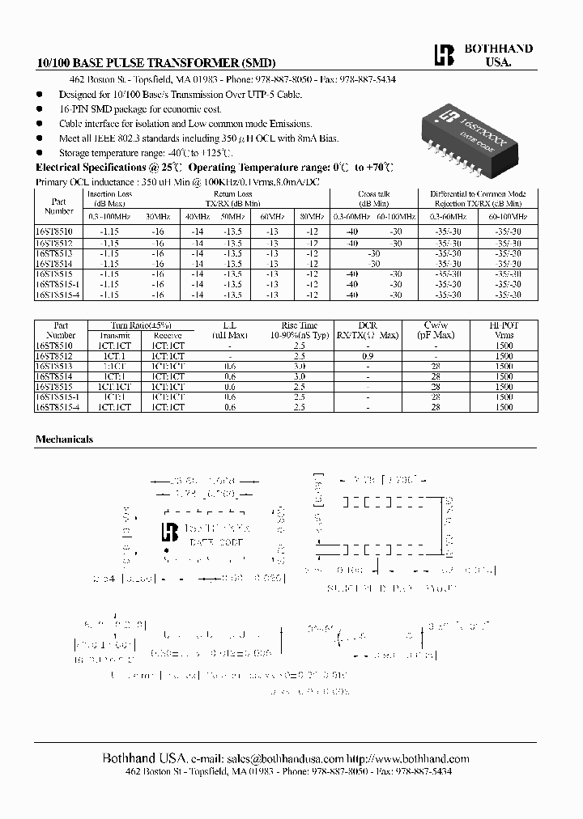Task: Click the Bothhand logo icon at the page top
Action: click(x=440, y=55)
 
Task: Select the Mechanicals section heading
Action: click(x=64, y=439)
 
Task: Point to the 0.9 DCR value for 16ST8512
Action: click(x=368, y=356)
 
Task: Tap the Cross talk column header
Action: click(x=373, y=194)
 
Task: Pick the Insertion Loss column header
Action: click(x=109, y=194)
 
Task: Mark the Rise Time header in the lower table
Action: click(x=300, y=325)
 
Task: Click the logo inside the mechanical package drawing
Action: click(x=171, y=532)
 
